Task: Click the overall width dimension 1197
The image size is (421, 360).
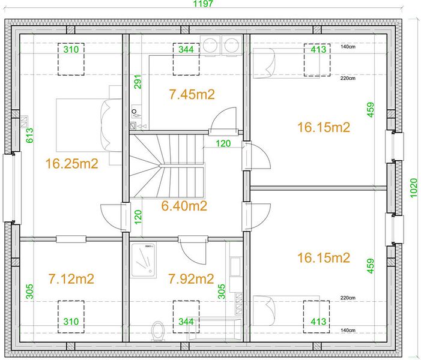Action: pyautogui.click(x=203, y=4)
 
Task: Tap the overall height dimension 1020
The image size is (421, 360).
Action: pyautogui.click(x=414, y=188)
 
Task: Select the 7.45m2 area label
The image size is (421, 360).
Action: pyautogui.click(x=192, y=94)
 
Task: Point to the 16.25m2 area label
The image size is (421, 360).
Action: pyautogui.click(x=71, y=164)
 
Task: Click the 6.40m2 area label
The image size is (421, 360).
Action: pyautogui.click(x=184, y=206)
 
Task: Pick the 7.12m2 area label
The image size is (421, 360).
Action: pyautogui.click(x=71, y=279)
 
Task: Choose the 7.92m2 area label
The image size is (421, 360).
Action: pyautogui.click(x=191, y=279)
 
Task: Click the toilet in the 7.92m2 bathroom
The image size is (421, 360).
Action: pyautogui.click(x=157, y=331)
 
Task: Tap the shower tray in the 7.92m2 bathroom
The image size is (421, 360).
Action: pyautogui.click(x=143, y=260)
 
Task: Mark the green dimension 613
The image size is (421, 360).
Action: pyautogui.click(x=29, y=136)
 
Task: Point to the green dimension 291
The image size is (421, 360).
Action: pyautogui.click(x=138, y=82)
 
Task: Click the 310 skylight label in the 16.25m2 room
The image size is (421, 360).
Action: pyautogui.click(x=71, y=49)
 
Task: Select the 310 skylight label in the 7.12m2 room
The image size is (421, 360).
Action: pyautogui.click(x=71, y=322)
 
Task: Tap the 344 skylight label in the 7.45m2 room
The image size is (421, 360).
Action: pyautogui.click(x=186, y=49)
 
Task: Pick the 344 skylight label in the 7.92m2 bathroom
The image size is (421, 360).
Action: pyautogui.click(x=186, y=322)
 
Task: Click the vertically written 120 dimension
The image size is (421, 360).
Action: pyautogui.click(x=138, y=217)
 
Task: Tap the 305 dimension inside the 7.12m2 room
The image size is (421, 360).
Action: pyautogui.click(x=29, y=292)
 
